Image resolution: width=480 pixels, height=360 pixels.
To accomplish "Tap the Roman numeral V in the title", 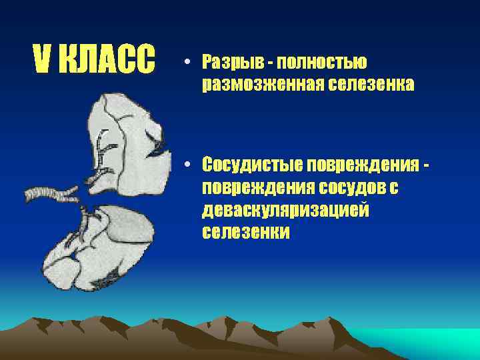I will [42, 61].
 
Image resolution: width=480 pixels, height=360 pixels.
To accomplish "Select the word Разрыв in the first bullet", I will [227, 63].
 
